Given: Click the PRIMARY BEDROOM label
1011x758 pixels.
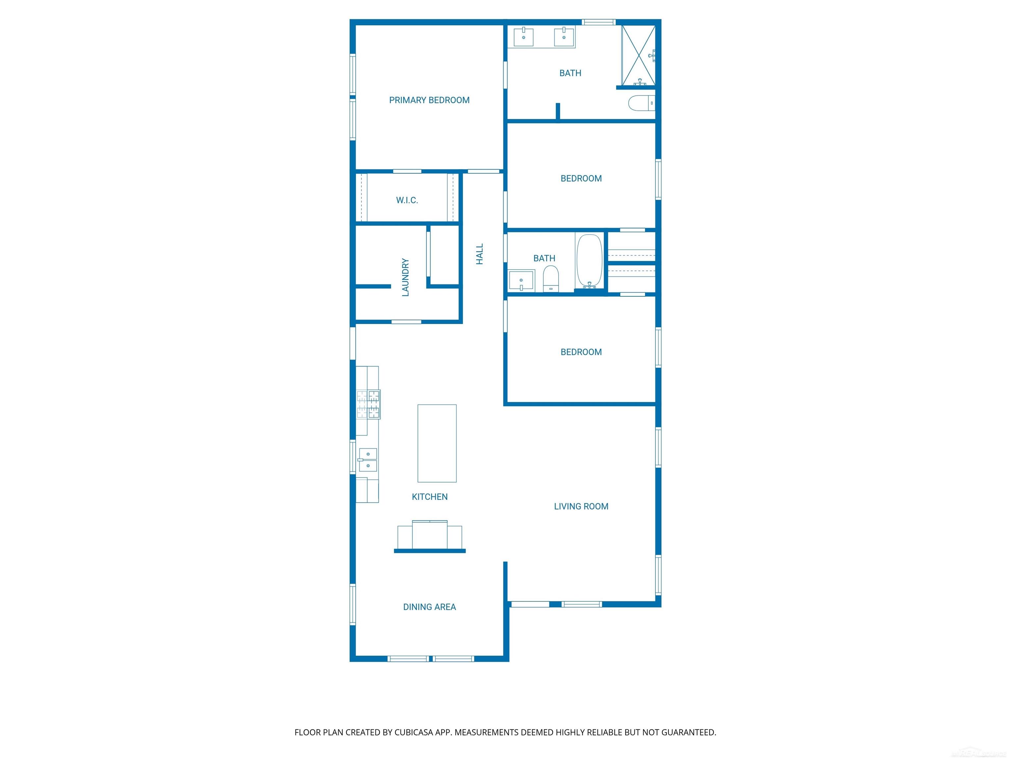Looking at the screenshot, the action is [x=429, y=100].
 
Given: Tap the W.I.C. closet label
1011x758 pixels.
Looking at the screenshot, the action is [x=407, y=200].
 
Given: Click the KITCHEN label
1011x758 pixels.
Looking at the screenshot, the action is [x=429, y=497].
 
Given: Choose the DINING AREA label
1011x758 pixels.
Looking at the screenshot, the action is [x=429, y=607].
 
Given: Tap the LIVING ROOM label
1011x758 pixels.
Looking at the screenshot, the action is [x=581, y=506].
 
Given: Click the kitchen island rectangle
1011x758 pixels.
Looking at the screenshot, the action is [x=437, y=443].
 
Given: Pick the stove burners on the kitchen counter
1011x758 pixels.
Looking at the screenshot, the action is [x=368, y=404].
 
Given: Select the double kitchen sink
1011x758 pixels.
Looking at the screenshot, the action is [x=368, y=460].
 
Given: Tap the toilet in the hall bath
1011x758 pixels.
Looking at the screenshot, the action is [x=551, y=279].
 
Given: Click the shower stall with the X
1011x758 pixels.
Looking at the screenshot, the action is [x=638, y=55].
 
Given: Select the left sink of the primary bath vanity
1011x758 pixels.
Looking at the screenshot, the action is [x=523, y=37].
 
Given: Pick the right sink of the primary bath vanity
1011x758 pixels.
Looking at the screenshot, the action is [x=564, y=37].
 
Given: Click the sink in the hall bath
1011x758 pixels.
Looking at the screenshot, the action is [x=521, y=281].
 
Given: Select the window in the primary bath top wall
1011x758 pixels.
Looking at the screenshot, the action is [x=598, y=22].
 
